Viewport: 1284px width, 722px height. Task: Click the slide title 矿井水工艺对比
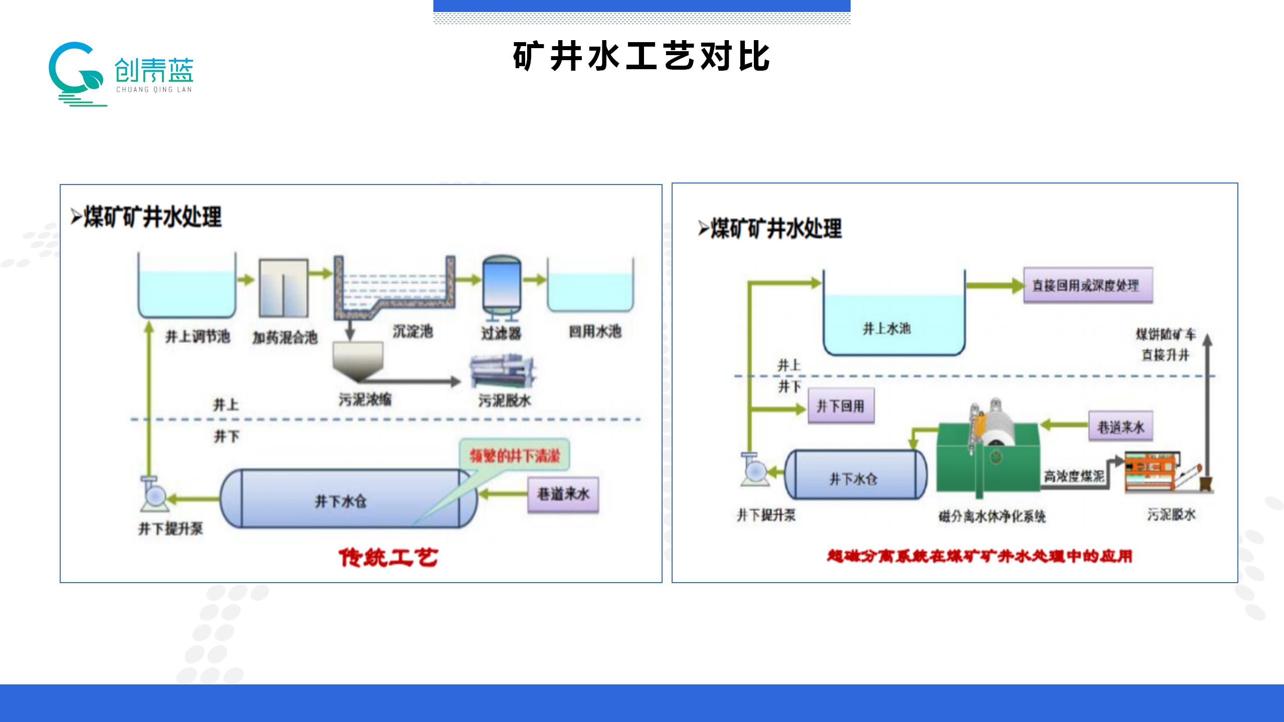(x=641, y=56)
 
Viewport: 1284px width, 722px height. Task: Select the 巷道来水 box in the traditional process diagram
(x=563, y=494)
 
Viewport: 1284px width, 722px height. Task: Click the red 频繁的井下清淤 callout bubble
(x=515, y=456)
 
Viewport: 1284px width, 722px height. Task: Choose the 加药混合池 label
(x=285, y=337)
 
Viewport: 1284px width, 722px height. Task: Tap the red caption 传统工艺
(x=388, y=557)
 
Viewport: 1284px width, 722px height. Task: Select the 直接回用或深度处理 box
(x=1087, y=285)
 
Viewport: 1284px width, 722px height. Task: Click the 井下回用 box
(x=841, y=406)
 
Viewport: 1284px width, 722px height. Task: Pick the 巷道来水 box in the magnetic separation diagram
(x=1120, y=427)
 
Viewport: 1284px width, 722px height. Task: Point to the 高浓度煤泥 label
(x=1074, y=476)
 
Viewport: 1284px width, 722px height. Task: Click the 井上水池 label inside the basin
(x=886, y=328)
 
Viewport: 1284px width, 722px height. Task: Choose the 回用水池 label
(x=595, y=331)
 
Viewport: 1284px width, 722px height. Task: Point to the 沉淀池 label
(x=412, y=331)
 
